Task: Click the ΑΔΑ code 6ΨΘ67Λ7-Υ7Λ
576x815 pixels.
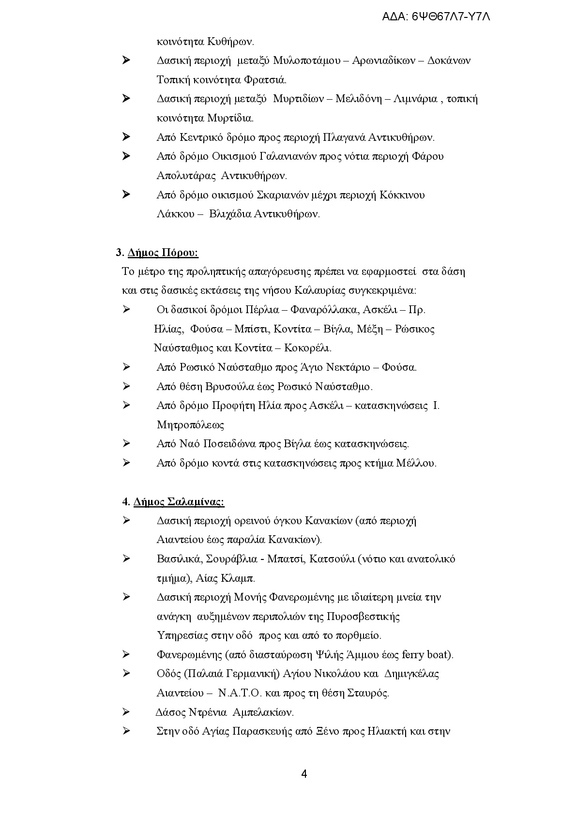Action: pos(451,17)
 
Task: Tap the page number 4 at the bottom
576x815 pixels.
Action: pos(304,773)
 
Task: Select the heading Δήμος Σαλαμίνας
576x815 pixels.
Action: pos(179,502)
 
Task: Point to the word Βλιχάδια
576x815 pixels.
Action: pos(229,214)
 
